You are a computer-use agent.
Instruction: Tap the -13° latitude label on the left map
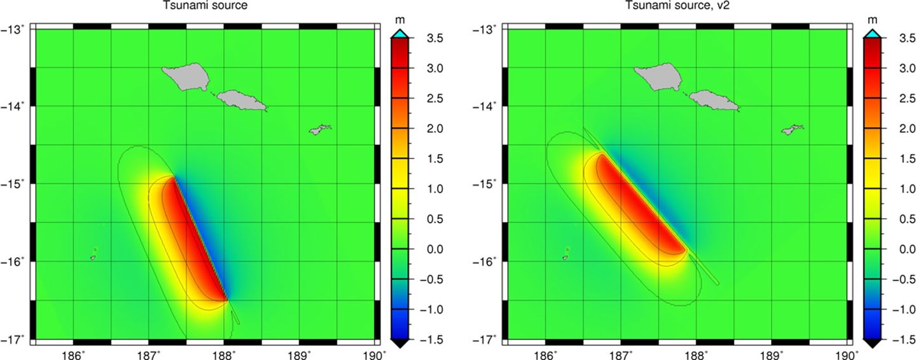pyautogui.click(x=17, y=29)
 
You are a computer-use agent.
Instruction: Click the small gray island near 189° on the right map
pyautogui.click(x=792, y=129)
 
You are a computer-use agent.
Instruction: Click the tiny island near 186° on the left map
pyautogui.click(x=93, y=258)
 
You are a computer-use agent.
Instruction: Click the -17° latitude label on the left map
pyautogui.click(x=17, y=339)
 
